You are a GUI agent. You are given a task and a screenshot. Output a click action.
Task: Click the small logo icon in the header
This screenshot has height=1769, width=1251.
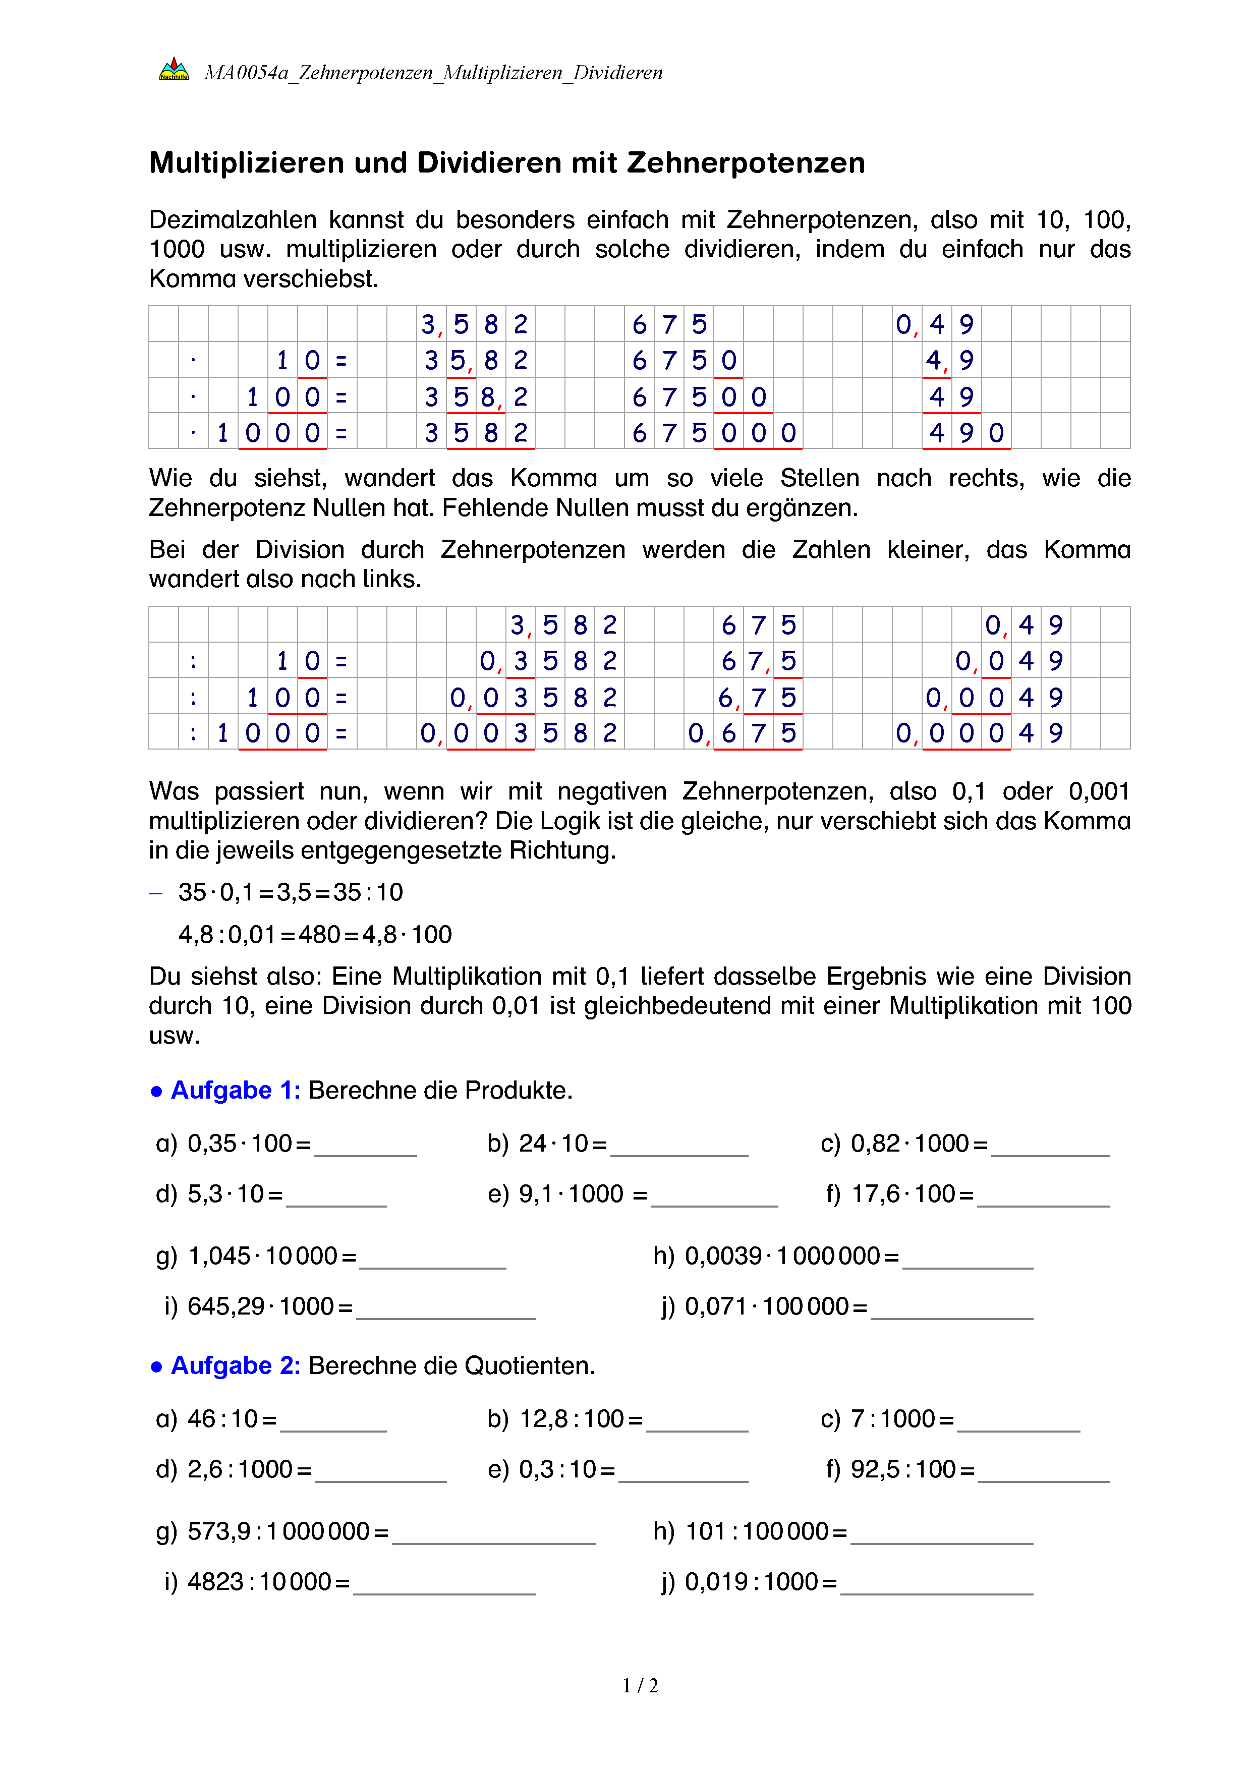point(174,70)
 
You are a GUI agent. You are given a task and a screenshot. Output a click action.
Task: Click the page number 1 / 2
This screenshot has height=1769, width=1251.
point(640,1686)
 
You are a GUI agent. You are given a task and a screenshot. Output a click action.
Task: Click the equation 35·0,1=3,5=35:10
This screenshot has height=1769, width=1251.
point(291,892)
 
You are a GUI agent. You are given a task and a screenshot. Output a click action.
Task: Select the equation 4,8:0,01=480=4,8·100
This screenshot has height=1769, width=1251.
point(315,935)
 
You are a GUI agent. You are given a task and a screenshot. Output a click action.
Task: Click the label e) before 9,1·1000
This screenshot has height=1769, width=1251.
point(498,1194)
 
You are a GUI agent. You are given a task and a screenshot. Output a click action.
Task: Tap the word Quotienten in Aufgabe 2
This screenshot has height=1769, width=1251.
point(530,1365)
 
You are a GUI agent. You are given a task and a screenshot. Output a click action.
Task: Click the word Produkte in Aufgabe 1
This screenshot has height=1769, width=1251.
point(519,1090)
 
